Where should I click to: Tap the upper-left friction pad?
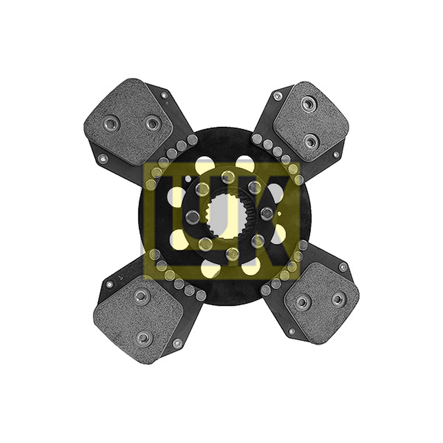click(x=128, y=122)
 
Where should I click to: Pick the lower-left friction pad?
click(x=138, y=319)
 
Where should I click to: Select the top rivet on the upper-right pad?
click(x=309, y=104)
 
